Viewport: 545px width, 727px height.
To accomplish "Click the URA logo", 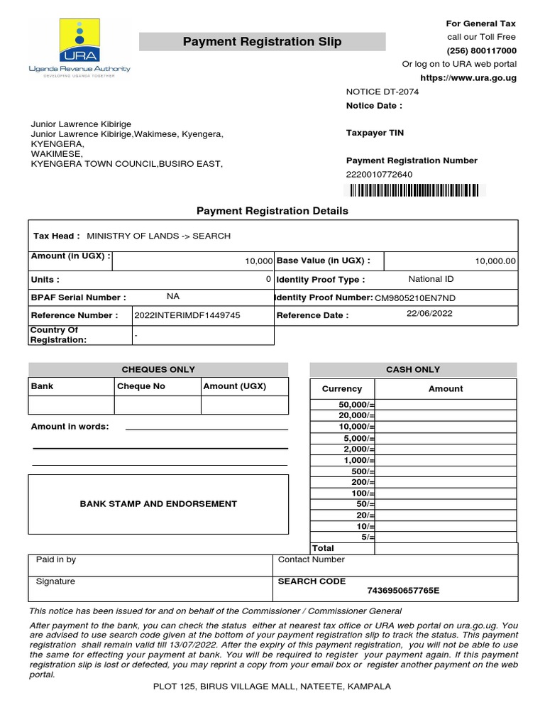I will point(79,45).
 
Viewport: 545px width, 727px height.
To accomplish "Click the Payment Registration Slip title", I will point(262,42).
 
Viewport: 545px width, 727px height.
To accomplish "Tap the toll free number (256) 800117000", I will point(481,50).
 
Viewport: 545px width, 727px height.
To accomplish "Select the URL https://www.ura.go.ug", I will point(468,77).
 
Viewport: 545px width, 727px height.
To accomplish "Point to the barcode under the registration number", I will point(412,190).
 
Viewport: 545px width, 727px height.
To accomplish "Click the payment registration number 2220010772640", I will point(379,175).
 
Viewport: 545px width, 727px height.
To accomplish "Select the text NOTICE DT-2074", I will point(382,92).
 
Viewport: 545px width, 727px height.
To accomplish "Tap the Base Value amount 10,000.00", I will point(495,261).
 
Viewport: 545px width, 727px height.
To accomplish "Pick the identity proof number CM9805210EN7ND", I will point(415,298).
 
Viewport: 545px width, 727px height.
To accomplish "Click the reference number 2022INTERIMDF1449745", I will point(187,315).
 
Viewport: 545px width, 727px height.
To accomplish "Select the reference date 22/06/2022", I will point(429,314).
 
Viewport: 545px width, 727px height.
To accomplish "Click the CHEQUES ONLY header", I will point(158,369).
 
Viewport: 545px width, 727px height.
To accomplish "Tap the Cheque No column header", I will point(141,386).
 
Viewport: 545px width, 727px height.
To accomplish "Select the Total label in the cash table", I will point(323,548).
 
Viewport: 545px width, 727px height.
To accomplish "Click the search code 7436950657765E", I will point(403,591).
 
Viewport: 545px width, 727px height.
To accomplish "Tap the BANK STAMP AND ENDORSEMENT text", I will point(158,504).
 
